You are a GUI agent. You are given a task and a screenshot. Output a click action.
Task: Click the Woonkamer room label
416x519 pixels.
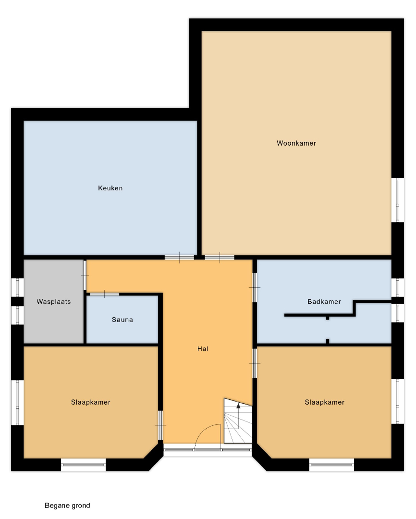tap(296, 143)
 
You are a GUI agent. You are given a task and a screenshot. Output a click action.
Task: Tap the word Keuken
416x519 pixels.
tap(110, 188)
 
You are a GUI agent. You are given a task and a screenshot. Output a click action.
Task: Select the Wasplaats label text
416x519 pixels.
tap(54, 301)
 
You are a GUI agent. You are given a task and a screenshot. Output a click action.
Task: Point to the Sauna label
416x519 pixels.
tap(122, 320)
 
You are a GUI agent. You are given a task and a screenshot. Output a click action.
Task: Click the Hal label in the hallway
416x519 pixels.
tap(203, 348)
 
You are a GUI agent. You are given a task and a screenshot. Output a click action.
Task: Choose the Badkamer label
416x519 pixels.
tap(324, 301)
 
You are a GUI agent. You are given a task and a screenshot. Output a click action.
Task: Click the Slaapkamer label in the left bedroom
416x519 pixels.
tap(91, 402)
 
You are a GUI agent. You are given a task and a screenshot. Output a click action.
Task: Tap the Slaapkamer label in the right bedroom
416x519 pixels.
tap(325, 402)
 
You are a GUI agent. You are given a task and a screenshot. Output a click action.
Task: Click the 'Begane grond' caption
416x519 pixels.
tap(67, 506)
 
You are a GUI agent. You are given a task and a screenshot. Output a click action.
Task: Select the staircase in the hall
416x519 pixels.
tap(238, 420)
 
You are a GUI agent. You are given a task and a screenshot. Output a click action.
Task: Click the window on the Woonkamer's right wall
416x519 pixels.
tap(398, 199)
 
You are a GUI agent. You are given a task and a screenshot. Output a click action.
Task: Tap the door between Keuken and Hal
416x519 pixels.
tap(179, 257)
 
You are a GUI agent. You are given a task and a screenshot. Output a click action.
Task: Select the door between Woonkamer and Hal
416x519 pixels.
tap(220, 257)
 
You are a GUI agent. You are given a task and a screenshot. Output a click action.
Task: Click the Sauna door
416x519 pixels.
tap(104, 294)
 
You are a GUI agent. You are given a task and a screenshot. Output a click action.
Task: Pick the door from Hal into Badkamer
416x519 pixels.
tap(255, 287)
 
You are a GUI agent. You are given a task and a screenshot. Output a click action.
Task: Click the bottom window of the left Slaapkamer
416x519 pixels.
tap(84, 465)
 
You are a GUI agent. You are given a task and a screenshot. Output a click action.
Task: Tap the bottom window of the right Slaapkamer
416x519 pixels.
tap(331, 465)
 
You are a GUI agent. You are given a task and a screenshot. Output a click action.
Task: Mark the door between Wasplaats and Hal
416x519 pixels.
tap(85, 275)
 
